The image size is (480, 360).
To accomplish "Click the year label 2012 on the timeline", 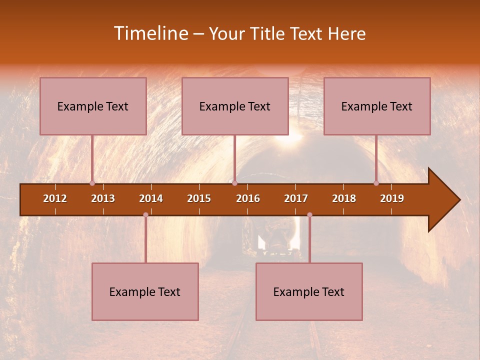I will [55, 198].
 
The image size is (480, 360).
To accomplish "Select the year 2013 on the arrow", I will [103, 198].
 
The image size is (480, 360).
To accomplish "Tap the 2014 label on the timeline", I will [151, 198].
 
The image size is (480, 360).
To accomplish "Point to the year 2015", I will [199, 198].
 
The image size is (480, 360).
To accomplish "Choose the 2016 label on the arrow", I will [248, 198].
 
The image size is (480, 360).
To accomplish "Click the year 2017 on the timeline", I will [296, 198].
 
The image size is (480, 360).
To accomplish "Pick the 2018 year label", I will [344, 198].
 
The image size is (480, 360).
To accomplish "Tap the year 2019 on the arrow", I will [392, 198].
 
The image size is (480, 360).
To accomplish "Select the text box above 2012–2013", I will [93, 106].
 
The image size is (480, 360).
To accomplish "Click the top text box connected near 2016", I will [235, 106].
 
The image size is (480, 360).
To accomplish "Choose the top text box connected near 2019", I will [377, 106].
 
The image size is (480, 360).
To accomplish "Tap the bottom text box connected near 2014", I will [145, 291].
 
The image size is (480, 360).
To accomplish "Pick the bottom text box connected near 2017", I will [309, 291].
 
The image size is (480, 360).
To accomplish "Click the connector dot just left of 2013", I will [92, 183].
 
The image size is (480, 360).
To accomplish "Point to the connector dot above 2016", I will [234, 183].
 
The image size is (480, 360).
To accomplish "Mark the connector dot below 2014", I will [145, 214].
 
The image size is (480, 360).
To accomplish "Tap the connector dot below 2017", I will [309, 214].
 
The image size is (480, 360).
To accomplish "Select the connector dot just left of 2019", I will [376, 183].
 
